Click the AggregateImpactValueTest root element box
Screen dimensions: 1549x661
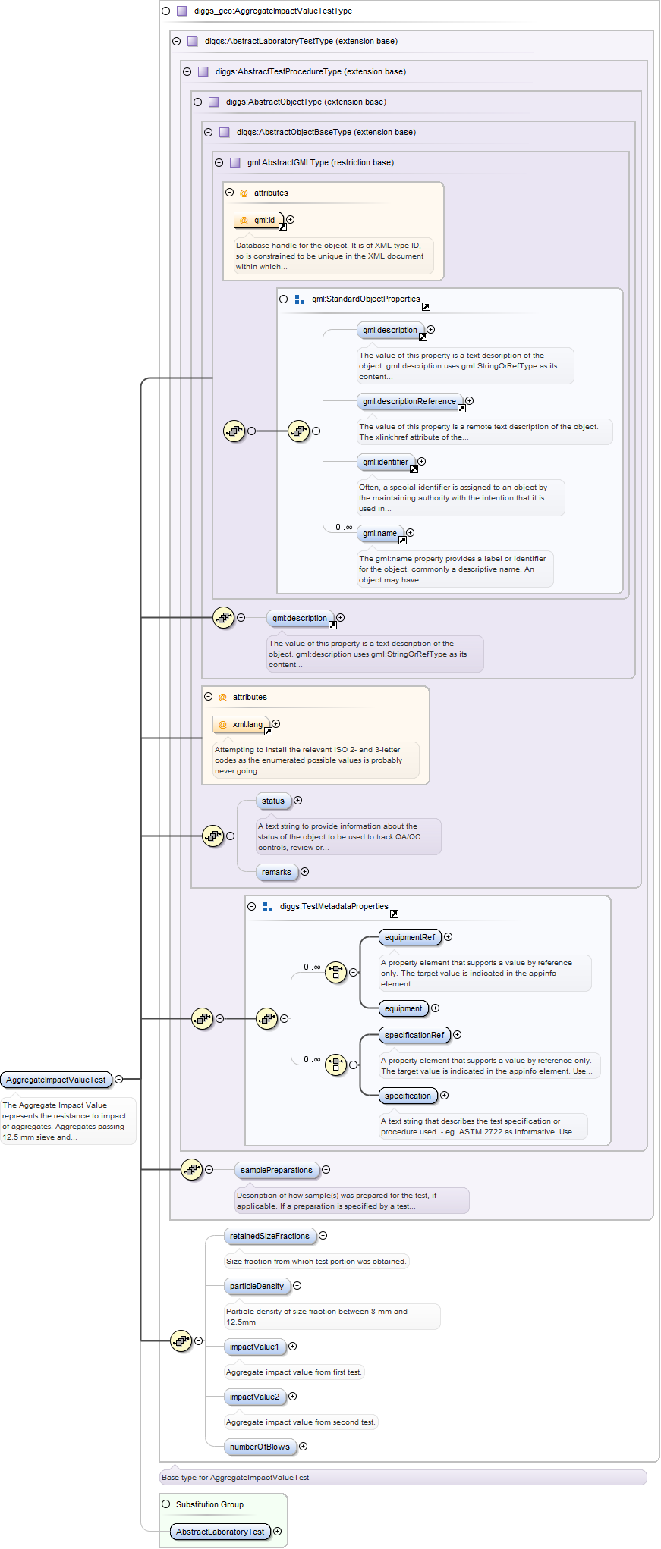pyautogui.click(x=56, y=1080)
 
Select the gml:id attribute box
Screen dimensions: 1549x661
pyautogui.click(x=259, y=221)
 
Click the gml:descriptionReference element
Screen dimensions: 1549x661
pyautogui.click(x=410, y=402)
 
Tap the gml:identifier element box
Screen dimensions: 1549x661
pyautogui.click(x=386, y=463)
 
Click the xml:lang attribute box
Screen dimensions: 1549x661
pyautogui.click(x=241, y=725)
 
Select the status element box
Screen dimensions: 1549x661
pyautogui.click(x=273, y=801)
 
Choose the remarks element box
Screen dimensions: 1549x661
pyautogui.click(x=276, y=873)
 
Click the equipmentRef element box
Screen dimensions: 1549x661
pyautogui.click(x=410, y=938)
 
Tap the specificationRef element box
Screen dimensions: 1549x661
pyautogui.click(x=414, y=1036)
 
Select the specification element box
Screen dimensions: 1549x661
pyautogui.click(x=408, y=1096)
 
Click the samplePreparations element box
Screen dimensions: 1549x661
pyautogui.click(x=276, y=1171)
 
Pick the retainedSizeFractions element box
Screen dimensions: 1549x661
pyautogui.click(x=269, y=1237)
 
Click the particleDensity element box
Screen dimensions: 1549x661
pyautogui.click(x=257, y=1287)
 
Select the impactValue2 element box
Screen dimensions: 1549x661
pyautogui.click(x=254, y=1397)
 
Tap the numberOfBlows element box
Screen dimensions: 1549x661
pyautogui.click(x=260, y=1447)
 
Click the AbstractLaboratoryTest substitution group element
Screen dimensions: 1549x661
pyautogui.click(x=220, y=1532)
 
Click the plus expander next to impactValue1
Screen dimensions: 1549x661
pyautogui.click(x=293, y=1347)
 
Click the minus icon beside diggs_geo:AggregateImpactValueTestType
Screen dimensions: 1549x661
pyautogui.click(x=165, y=11)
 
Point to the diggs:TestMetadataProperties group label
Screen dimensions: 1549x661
pyautogui.click(x=333, y=907)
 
